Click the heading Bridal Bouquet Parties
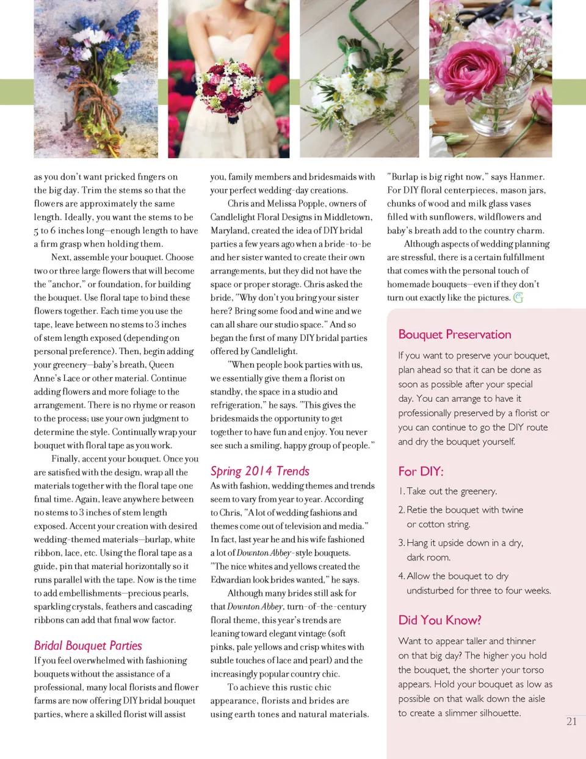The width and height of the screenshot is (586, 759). pos(88,645)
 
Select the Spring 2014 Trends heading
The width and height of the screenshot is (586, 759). pos(259,471)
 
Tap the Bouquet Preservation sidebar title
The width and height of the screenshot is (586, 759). pos(455,334)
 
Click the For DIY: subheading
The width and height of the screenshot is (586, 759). pos(421,471)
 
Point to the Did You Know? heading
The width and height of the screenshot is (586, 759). pos(440,620)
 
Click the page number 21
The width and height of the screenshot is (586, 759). pos(571,721)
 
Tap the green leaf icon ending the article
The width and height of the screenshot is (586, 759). pos(518,298)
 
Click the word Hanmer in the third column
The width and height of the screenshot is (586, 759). pos(526,176)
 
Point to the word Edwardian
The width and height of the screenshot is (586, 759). pos(230,579)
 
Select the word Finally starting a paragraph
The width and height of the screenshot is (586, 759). pos(65,459)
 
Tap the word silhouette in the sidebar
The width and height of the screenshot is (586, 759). pos(494,713)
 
